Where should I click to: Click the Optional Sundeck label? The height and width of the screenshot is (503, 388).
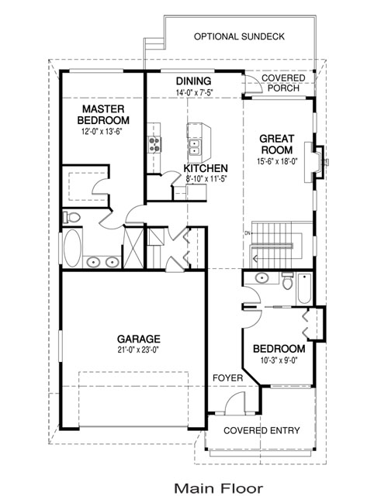click(239, 36)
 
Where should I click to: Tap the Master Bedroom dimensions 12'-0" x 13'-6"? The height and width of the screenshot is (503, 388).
click(102, 132)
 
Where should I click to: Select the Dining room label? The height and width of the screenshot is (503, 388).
click(194, 81)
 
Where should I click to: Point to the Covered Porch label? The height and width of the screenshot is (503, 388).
click(283, 83)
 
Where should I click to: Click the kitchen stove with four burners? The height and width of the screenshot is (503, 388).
click(154, 144)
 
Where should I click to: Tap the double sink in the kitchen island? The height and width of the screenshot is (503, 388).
click(194, 147)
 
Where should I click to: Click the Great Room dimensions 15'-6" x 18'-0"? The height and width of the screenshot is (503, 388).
click(277, 161)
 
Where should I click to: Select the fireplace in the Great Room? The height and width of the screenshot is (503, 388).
click(315, 162)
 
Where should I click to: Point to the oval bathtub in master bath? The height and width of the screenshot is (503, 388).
click(72, 248)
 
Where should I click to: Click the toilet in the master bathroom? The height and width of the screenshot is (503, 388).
click(71, 218)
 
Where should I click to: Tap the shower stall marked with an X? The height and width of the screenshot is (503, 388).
click(133, 247)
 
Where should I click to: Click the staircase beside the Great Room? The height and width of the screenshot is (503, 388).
click(277, 244)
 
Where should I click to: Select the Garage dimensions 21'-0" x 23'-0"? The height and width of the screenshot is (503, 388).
click(139, 350)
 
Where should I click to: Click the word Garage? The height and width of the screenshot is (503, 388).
click(139, 339)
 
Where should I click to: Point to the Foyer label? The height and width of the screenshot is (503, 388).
click(227, 378)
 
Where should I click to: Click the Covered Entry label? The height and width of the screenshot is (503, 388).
click(262, 430)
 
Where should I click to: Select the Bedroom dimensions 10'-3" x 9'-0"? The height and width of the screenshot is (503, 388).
click(279, 360)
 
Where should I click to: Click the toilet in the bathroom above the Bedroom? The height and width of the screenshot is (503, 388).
click(287, 281)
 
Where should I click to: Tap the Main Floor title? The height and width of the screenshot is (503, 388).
click(219, 488)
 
